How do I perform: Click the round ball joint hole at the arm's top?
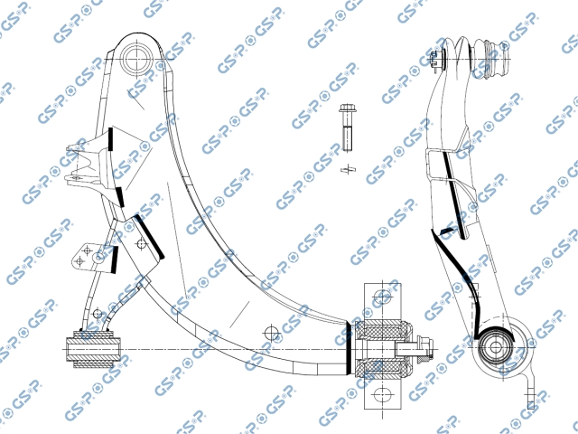point(137,59)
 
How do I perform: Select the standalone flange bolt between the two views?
point(346,127)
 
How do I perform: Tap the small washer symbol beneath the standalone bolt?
point(348,170)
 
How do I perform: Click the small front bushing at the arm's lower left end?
point(93,349)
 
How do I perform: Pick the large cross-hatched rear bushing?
point(383,348)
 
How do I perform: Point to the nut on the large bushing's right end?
point(424,348)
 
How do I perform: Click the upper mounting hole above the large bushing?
point(383,296)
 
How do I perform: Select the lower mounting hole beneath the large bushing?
point(383,394)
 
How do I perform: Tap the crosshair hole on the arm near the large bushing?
point(272,334)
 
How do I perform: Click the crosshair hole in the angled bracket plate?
point(142,243)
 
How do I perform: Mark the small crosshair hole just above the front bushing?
point(98,314)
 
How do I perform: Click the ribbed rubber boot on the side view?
point(489,59)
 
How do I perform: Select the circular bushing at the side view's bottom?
point(495,347)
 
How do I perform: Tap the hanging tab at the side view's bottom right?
point(530,390)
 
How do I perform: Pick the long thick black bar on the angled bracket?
point(150,236)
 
